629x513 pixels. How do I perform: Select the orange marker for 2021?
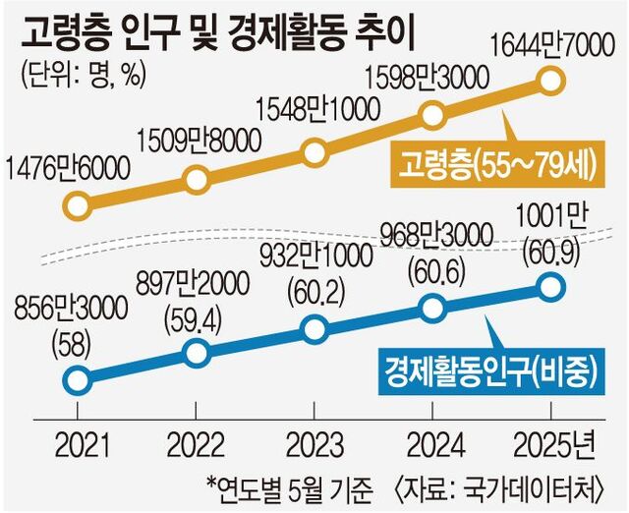tap(76, 205)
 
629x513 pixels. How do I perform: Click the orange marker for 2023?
tap(314, 152)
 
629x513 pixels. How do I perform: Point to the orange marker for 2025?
tap(551, 78)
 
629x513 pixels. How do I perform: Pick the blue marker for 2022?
tap(196, 352)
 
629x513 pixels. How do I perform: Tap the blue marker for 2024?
tap(432, 308)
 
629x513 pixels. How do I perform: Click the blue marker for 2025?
tap(551, 287)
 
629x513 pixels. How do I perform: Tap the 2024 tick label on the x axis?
tap(432, 447)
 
